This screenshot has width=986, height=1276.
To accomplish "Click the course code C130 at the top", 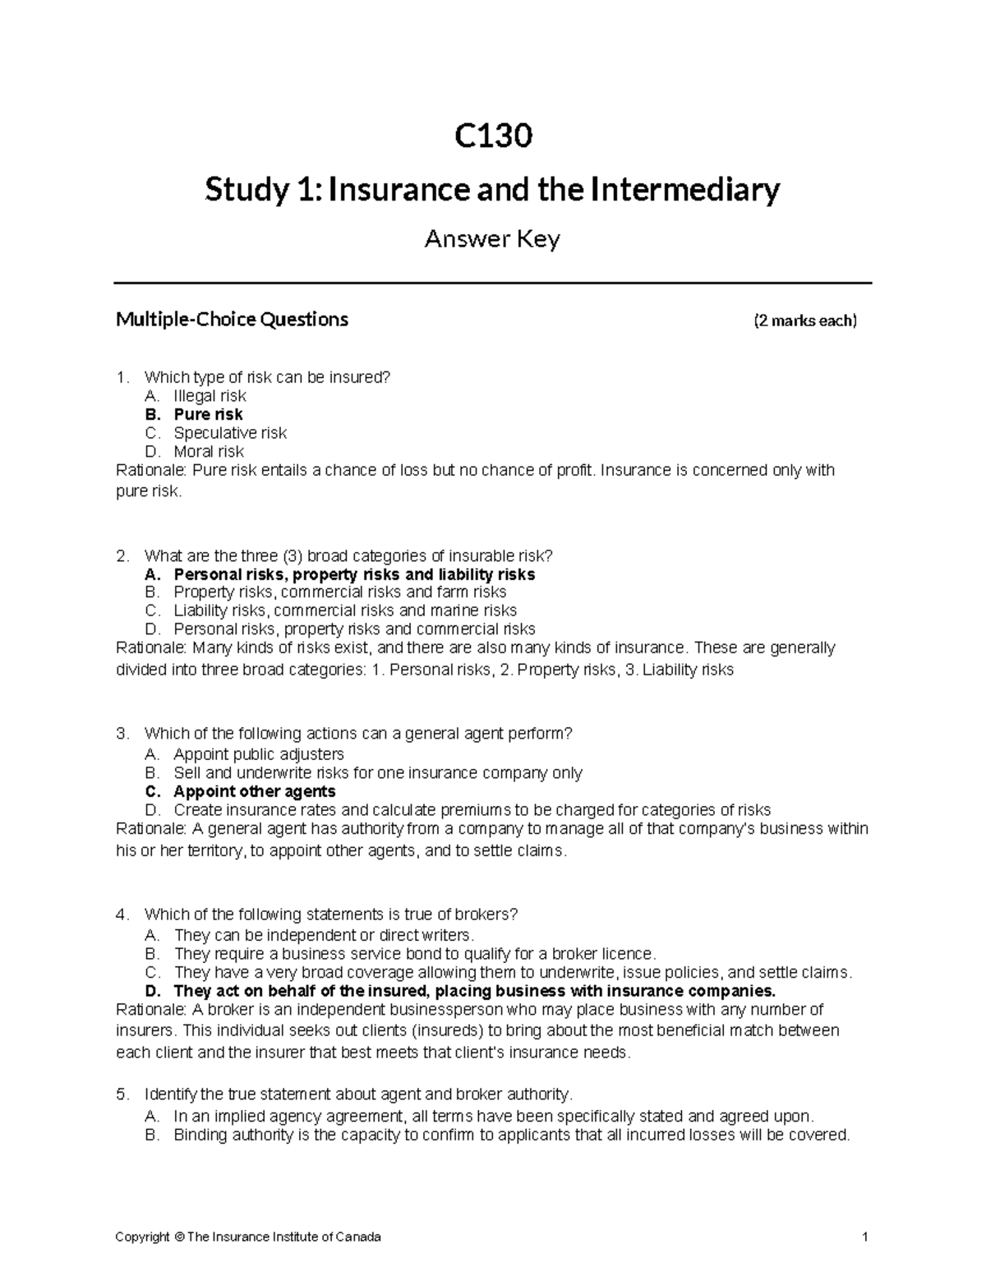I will (x=493, y=136).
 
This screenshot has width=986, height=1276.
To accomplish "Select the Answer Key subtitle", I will (x=492, y=239).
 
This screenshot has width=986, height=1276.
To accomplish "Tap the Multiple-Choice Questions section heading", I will (x=232, y=320).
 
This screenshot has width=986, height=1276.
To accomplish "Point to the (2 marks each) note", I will (x=805, y=320).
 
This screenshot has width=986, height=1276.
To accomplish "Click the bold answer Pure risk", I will (x=208, y=414).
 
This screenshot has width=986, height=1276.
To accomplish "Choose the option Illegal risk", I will (x=210, y=396).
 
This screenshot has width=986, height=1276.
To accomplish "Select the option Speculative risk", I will (x=230, y=433).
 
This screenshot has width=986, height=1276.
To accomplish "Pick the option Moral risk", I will (x=209, y=451).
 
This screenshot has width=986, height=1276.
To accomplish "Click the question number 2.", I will (x=122, y=555).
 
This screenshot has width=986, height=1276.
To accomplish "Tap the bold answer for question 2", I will (x=354, y=574).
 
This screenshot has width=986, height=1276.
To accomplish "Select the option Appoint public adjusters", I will (x=258, y=753).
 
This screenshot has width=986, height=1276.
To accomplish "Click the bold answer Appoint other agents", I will (x=254, y=791).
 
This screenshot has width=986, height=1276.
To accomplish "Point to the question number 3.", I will (x=122, y=733).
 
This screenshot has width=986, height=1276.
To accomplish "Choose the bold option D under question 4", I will (x=474, y=990).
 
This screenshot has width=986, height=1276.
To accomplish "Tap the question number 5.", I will (x=122, y=1094).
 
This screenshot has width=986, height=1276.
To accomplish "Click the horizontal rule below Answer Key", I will (x=492, y=283).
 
